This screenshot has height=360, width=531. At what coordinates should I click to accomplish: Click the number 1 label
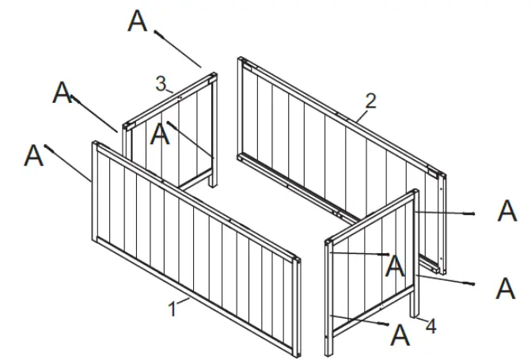coord(173,309)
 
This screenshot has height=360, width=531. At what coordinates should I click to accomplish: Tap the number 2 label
coord(370,100)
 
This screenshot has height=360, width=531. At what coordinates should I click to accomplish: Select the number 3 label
coord(160,82)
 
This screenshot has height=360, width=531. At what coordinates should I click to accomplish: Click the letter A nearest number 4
coord(401,335)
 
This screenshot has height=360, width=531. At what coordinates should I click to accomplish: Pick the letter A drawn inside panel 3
coord(161,134)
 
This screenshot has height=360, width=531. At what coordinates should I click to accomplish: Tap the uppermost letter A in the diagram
coord(137,21)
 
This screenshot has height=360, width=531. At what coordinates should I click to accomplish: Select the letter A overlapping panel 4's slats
coord(395,266)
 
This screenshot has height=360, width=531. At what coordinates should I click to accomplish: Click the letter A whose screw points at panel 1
coord(33,155)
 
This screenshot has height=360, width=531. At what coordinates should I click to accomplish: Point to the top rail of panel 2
coord(340,115)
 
